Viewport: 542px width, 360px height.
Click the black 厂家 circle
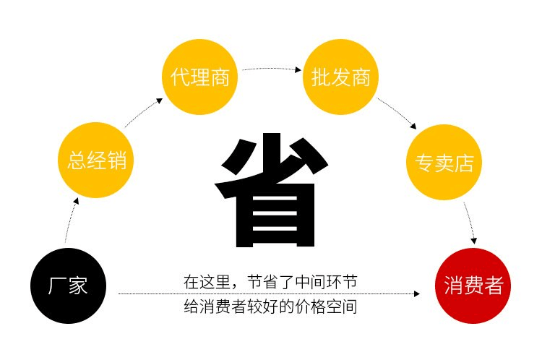(x=68, y=286)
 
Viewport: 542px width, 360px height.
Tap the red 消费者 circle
(x=473, y=286)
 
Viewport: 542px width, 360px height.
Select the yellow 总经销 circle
(x=95, y=160)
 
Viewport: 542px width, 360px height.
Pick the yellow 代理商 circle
(x=199, y=77)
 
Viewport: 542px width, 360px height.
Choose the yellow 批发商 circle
(x=340, y=77)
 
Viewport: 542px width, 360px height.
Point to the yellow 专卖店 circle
(x=444, y=162)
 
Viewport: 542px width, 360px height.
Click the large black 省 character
(x=272, y=190)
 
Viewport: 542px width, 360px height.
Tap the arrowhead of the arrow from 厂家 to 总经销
(x=76, y=201)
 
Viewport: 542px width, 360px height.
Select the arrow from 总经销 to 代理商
(x=143, y=112)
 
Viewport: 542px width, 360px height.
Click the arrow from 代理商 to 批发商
(x=272, y=69)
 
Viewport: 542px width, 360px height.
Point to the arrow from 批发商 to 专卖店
(x=397, y=113)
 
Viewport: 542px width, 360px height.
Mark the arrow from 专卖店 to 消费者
(x=470, y=223)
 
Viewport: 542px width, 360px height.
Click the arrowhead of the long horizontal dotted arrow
(x=417, y=294)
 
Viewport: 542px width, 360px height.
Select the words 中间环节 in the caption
(x=325, y=282)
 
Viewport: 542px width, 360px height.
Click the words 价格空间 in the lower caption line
(x=326, y=307)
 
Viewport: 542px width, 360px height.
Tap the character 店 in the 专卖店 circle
(x=463, y=163)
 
